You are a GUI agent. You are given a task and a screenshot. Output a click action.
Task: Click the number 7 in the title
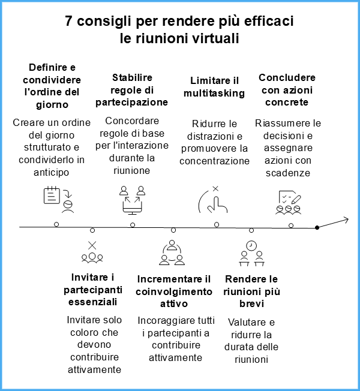tap(68, 21)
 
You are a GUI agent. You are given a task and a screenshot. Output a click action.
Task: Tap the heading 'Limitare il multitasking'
tap(214, 87)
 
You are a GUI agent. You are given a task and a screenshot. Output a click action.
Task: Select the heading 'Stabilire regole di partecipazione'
tap(132, 90)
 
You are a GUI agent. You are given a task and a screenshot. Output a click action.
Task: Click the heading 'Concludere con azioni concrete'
tap(287, 90)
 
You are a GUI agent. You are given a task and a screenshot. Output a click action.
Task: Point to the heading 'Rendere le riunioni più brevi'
tap(252, 291)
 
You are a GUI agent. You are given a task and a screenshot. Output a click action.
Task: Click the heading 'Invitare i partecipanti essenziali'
tap(93, 290)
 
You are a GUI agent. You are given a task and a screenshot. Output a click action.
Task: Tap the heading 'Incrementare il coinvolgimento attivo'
tap(174, 291)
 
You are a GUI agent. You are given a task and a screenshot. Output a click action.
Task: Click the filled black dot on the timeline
tap(317, 227)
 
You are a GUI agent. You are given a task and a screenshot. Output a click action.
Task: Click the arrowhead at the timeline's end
tap(346, 219)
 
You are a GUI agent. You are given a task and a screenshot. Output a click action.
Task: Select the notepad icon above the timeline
tap(52, 195)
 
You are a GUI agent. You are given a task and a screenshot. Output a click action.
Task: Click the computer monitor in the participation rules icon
tap(132, 208)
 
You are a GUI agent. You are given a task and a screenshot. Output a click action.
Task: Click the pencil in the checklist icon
tap(296, 198)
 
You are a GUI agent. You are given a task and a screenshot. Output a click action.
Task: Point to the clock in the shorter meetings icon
tap(251, 246)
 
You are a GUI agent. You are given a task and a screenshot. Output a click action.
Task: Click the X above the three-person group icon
tap(92, 245)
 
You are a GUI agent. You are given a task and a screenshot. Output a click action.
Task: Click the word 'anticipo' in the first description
tap(52, 172)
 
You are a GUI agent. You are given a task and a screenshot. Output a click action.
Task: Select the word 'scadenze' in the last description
tap(288, 173)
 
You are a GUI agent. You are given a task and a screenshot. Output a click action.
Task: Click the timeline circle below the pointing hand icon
tap(217, 225)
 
